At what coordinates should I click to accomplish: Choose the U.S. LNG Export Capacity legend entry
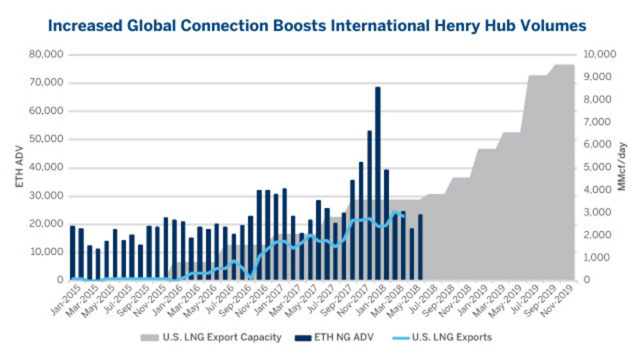pyautogui.click(x=211, y=338)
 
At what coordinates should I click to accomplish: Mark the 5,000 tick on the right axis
pyautogui.click(x=599, y=167)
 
